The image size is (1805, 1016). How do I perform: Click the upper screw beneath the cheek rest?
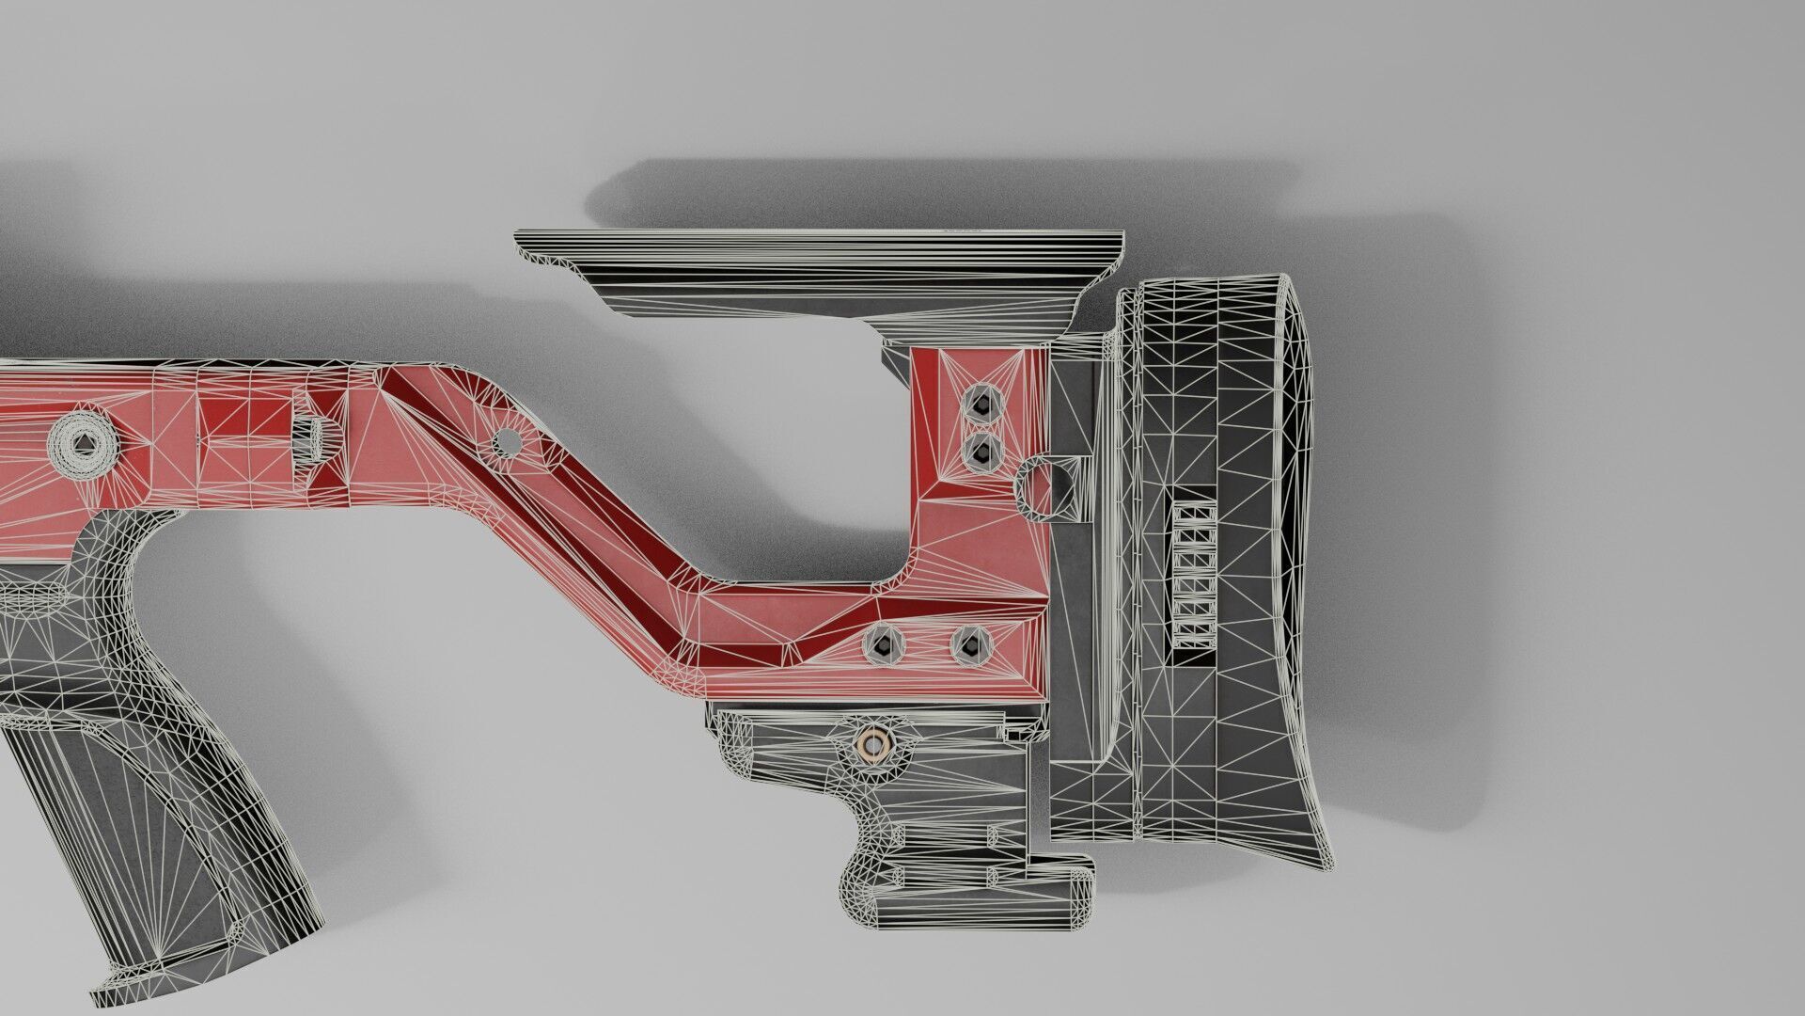click(x=981, y=405)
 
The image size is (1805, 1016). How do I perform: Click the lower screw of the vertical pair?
click(x=981, y=454)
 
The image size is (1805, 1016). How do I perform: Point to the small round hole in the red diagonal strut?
click(x=506, y=439)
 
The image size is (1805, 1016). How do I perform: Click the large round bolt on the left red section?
click(x=82, y=443)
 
